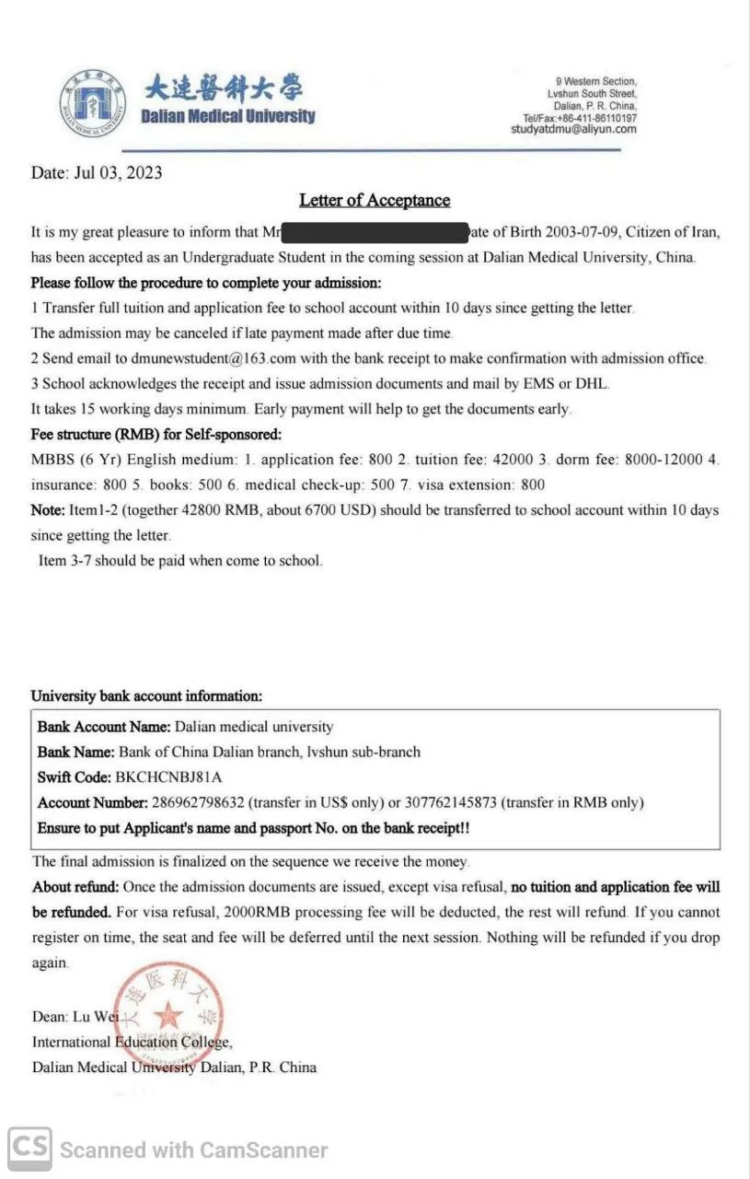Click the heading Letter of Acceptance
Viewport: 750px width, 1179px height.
375,200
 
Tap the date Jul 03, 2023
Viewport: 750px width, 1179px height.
117,172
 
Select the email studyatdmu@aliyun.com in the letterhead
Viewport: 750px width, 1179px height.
573,130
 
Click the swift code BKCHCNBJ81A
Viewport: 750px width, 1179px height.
168,776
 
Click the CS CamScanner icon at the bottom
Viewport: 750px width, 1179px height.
29,1148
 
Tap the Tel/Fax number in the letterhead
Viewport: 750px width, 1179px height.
580,119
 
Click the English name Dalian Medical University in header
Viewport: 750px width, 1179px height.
227,116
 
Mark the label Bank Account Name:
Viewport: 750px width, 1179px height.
104,727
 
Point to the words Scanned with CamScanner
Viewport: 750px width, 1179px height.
193,1150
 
